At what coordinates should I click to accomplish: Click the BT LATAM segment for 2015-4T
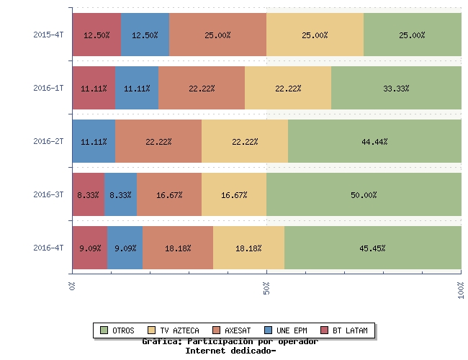(x=96, y=35)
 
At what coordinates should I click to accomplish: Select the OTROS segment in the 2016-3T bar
(x=364, y=194)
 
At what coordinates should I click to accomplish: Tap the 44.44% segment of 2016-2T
(x=374, y=141)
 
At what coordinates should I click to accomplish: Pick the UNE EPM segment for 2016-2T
(x=94, y=141)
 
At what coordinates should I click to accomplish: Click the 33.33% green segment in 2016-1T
(x=396, y=88)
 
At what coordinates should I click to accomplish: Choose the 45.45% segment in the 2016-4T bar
(x=372, y=248)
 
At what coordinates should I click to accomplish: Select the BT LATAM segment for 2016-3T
(x=88, y=194)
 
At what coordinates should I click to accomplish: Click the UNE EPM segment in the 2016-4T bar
(x=125, y=248)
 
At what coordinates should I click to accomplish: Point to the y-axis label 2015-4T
(x=48, y=35)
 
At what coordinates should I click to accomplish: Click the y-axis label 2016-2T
(x=48, y=141)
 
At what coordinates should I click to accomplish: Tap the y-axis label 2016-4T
(x=48, y=248)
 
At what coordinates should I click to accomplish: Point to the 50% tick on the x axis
(x=266, y=288)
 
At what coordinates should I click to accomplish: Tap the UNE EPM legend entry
(x=286, y=330)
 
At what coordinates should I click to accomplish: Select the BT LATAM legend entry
(x=343, y=330)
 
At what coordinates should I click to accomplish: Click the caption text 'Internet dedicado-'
(x=230, y=351)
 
